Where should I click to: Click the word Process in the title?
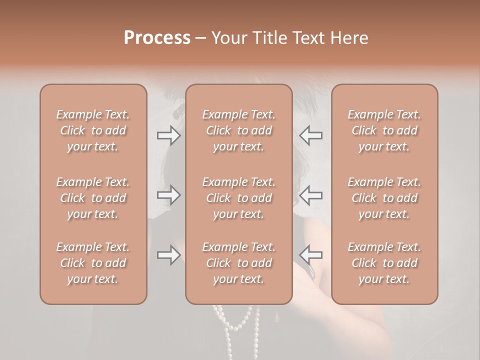tap(157, 38)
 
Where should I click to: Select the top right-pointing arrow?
tap(168, 135)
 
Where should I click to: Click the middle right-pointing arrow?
tap(168, 195)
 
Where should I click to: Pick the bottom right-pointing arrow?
tap(168, 255)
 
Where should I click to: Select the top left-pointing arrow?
tap(311, 135)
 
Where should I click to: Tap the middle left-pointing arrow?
tap(311, 195)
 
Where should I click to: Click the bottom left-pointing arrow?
tap(311, 255)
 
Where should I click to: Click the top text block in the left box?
tap(93, 130)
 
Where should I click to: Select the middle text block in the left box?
tap(93, 198)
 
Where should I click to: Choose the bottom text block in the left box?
tap(93, 263)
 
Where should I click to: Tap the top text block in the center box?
tap(238, 130)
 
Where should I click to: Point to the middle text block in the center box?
tap(238, 198)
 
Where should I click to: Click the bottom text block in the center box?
tap(238, 263)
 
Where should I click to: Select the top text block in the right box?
tap(384, 130)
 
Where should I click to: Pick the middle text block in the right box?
tap(384, 198)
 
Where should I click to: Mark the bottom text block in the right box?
tap(384, 263)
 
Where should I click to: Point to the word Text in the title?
tap(310, 38)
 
